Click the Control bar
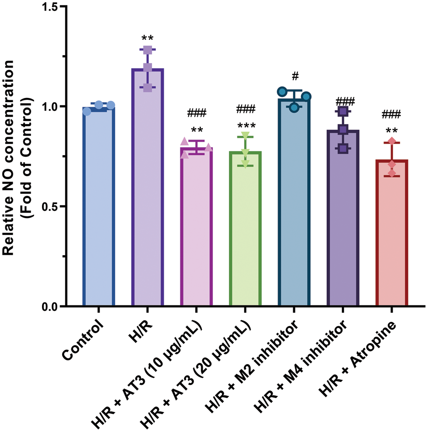(x=99, y=206)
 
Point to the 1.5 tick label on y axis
(x=51, y=7)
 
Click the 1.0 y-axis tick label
(x=51, y=106)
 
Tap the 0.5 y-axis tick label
(x=51, y=206)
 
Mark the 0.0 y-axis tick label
(x=51, y=307)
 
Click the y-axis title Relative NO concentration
(x=9, y=157)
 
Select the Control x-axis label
(x=83, y=340)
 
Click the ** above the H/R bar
(x=147, y=38)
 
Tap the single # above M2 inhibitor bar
(x=295, y=76)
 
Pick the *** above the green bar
(x=246, y=126)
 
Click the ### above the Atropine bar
(x=392, y=114)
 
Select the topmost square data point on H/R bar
(x=148, y=50)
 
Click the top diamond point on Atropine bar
(x=392, y=141)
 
